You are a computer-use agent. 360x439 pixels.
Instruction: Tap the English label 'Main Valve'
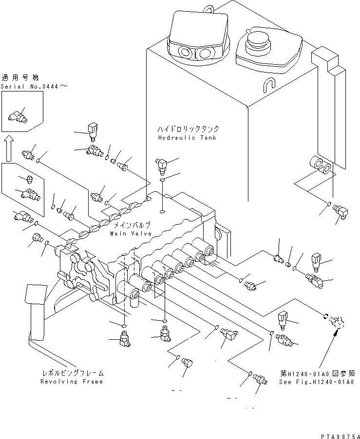[130, 234]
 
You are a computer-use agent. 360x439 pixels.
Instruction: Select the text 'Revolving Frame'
[72, 382]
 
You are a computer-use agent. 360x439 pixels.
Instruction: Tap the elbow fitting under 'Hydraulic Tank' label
[160, 165]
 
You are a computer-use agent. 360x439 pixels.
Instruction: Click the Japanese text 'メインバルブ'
[132, 225]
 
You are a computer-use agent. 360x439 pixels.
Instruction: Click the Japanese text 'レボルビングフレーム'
[72, 373]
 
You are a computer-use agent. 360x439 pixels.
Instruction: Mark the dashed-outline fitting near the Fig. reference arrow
[335, 321]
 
